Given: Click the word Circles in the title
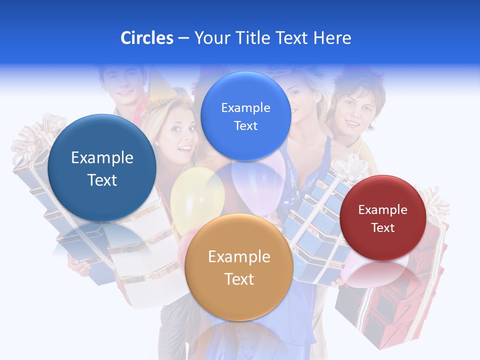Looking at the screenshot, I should click(x=146, y=38).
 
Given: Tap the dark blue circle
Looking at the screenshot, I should click(x=102, y=168).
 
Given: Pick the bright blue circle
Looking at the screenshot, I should click(x=245, y=116).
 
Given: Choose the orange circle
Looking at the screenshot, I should click(x=239, y=267).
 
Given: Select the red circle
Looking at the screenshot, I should click(x=383, y=218).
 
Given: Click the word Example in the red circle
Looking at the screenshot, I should click(x=383, y=209).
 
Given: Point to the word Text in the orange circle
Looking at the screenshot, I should click(x=239, y=279).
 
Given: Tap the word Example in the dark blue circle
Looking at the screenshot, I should click(x=102, y=157).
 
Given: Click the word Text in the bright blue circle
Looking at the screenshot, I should click(x=245, y=125).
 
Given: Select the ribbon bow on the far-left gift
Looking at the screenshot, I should click(x=35, y=135).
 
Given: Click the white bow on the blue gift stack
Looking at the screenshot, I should click(x=350, y=167).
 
